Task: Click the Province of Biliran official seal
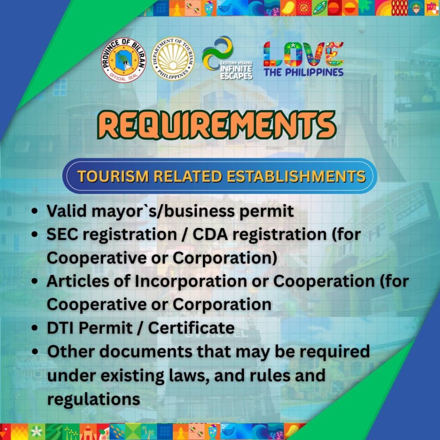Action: pos(124,60)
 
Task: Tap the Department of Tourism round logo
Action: pos(173,59)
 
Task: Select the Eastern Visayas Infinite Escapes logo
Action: pos(227,58)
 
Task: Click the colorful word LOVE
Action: pos(303,54)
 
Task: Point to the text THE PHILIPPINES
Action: pos(303,72)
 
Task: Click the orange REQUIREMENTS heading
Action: pos(217,125)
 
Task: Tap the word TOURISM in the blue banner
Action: pos(113,177)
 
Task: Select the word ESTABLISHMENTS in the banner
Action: pos(296,177)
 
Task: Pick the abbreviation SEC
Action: pos(62,234)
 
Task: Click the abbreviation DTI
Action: pos(61,328)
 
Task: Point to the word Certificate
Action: pos(191,328)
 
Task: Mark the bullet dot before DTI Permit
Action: pos(35,328)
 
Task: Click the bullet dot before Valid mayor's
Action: pos(35,211)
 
